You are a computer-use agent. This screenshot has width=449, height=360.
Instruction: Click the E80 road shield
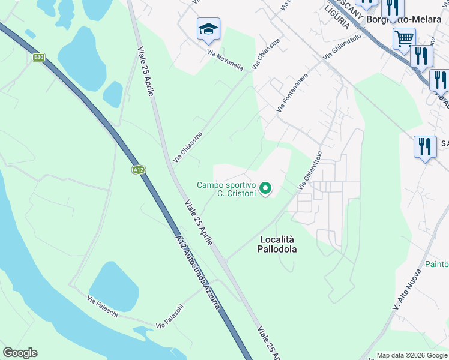[x=39, y=57]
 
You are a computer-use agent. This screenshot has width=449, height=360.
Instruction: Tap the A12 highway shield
[x=139, y=170]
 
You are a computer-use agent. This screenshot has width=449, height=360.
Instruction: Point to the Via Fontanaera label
[x=292, y=93]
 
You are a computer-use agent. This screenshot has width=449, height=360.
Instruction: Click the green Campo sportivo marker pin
[x=265, y=190]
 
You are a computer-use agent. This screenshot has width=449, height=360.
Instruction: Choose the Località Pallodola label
[x=278, y=244]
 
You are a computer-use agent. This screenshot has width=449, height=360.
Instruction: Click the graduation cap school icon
[x=208, y=29]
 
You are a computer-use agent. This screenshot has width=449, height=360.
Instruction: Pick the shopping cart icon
[x=404, y=39]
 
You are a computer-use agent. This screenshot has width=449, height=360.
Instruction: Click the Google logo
[x=20, y=353]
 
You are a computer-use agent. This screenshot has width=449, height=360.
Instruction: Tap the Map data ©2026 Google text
[x=411, y=355]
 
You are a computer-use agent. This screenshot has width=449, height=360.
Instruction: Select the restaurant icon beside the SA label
[x=424, y=147]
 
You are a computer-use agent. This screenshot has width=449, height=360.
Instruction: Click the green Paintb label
[x=436, y=264]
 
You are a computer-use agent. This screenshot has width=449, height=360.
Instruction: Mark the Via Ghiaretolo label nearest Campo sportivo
[x=310, y=172]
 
